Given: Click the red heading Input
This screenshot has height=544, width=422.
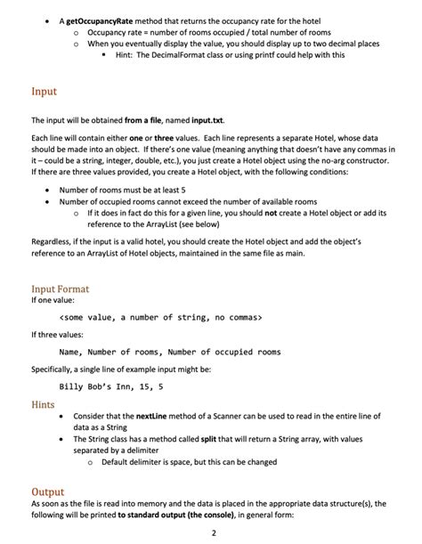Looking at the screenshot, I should tap(44, 91).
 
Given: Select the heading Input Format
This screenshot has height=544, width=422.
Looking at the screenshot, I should tap(60, 288).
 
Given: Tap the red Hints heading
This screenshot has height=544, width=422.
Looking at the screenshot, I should tap(43, 403).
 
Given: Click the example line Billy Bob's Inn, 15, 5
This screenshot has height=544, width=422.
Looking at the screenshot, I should tap(110, 386).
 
